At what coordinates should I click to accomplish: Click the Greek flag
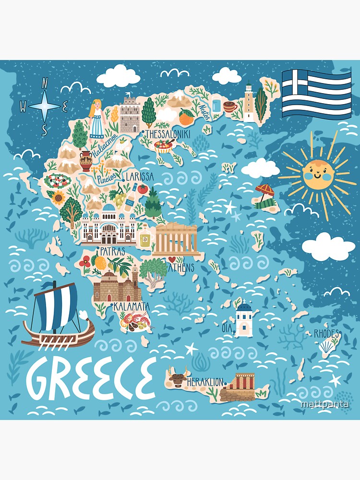click(x=316, y=94)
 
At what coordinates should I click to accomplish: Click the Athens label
click(x=181, y=267)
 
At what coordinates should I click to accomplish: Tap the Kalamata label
click(x=131, y=306)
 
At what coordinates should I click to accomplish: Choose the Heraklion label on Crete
click(x=205, y=382)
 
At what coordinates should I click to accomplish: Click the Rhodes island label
click(x=326, y=333)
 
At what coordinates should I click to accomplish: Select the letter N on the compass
click(x=45, y=82)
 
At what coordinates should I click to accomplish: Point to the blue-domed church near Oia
click(x=244, y=317)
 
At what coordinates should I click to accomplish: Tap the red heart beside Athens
click(x=170, y=260)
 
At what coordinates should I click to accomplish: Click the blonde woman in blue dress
click(x=97, y=118)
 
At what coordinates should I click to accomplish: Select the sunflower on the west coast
click(x=60, y=197)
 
